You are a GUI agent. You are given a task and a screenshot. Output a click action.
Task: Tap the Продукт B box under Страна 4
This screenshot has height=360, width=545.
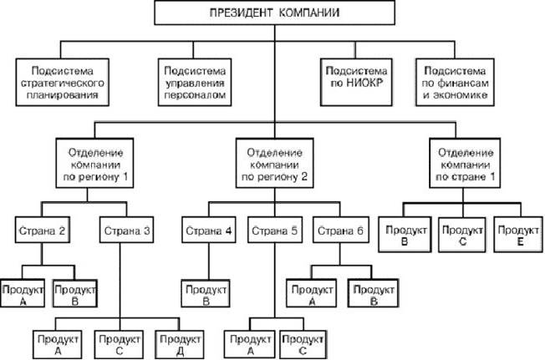204,295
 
